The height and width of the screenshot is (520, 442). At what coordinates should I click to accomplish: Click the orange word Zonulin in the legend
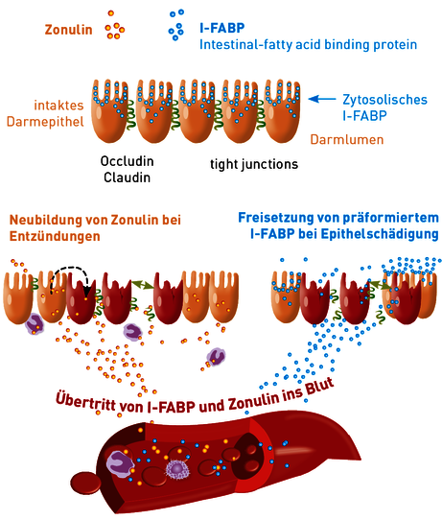click(x=69, y=30)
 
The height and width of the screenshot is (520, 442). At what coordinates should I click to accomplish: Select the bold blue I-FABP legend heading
click(x=222, y=28)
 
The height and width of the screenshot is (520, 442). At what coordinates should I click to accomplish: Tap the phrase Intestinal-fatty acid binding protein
click(x=308, y=45)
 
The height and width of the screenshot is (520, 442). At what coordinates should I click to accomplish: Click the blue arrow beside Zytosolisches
click(x=322, y=99)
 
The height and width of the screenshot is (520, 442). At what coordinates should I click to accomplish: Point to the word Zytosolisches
click(x=384, y=100)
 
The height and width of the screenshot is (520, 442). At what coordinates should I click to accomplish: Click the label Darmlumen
click(x=347, y=140)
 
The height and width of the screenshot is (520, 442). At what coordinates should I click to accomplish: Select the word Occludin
click(x=127, y=161)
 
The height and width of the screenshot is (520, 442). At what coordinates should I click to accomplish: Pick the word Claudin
click(x=127, y=177)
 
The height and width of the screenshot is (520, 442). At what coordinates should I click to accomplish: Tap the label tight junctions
click(x=254, y=164)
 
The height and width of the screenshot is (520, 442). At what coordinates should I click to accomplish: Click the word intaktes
click(x=59, y=106)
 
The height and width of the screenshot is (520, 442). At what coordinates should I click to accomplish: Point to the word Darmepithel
click(x=45, y=122)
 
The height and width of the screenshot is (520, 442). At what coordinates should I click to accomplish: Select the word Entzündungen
click(x=55, y=236)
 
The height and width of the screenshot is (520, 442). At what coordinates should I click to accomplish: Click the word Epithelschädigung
click(x=380, y=234)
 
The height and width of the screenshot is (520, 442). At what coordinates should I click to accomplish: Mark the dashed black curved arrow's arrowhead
click(x=87, y=291)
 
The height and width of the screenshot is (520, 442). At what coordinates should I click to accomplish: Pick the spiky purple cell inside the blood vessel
click(x=176, y=469)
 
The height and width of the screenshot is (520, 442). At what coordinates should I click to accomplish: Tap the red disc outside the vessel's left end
click(x=86, y=485)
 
